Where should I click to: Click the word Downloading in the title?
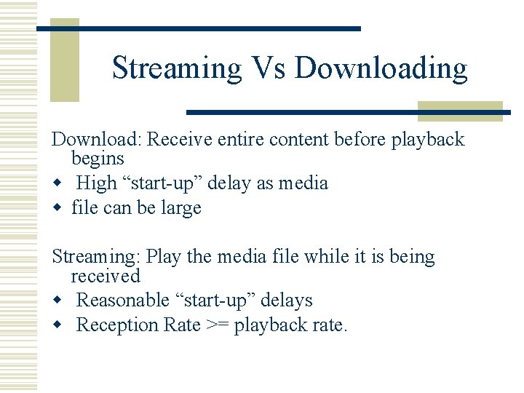click(x=381, y=68)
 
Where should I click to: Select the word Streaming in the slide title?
click(x=177, y=68)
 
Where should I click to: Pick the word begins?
click(x=98, y=159)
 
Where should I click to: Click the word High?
click(x=96, y=183)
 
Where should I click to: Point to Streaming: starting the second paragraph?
click(x=97, y=257)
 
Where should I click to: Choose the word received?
click(x=105, y=277)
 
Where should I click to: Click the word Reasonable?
click(x=127, y=301)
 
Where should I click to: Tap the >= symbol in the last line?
click(x=215, y=325)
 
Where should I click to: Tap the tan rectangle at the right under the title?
click(x=460, y=111)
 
